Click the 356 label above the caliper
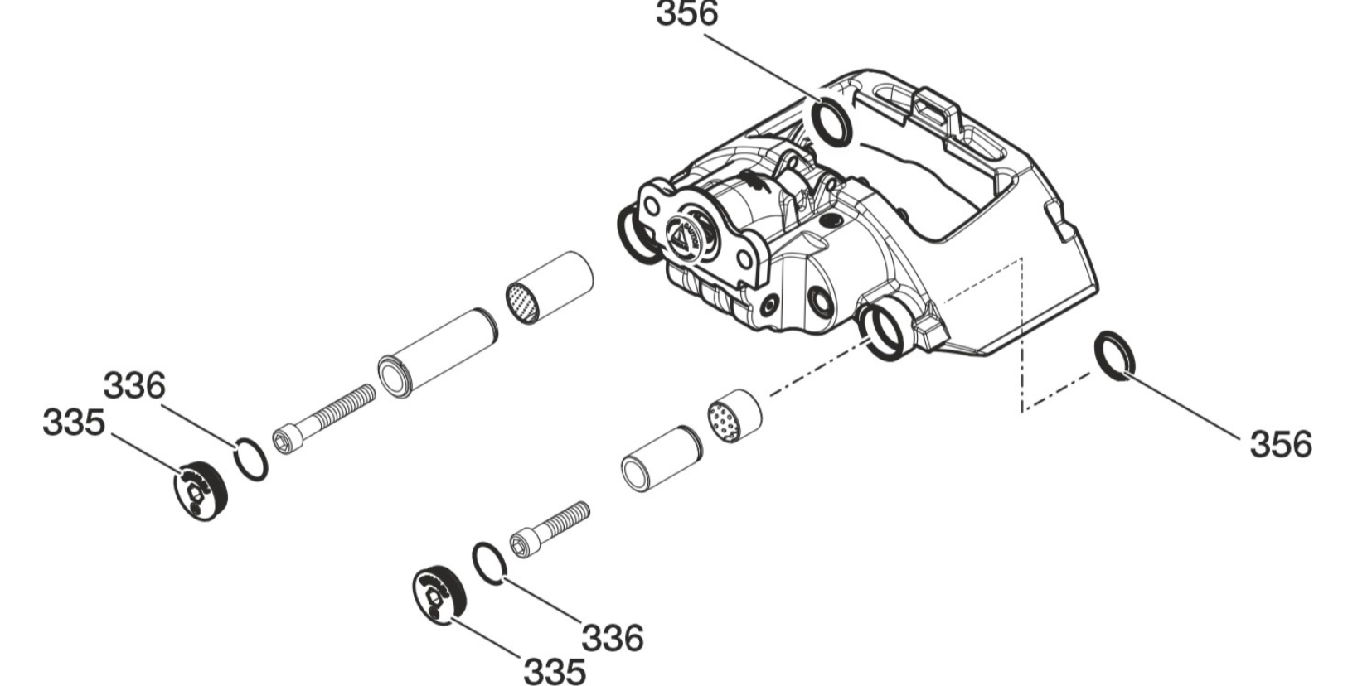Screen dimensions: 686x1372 686,15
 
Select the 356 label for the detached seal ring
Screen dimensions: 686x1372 1280,445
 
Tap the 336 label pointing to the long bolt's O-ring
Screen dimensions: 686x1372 134,386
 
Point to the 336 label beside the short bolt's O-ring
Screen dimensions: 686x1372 612,638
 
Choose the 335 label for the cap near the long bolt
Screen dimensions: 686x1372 74,423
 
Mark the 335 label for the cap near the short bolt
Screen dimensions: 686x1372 554,670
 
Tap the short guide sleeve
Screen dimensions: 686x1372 662,458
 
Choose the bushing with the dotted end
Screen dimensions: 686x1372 734,413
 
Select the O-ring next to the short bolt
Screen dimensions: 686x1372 489,563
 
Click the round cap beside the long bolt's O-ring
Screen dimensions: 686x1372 201,490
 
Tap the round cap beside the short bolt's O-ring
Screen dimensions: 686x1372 439,593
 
